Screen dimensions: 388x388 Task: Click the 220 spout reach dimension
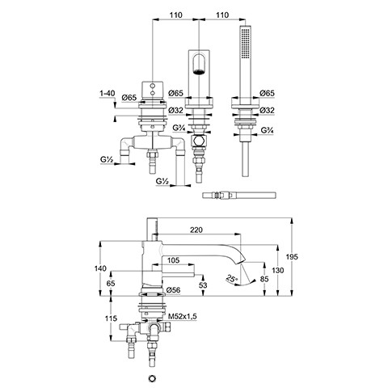196,230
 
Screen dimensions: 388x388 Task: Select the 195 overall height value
292,257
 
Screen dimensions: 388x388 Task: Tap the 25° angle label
231,278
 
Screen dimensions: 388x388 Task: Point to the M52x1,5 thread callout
183,316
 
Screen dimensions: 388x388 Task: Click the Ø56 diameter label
173,290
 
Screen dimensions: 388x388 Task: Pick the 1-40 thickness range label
108,94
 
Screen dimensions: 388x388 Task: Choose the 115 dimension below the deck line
111,318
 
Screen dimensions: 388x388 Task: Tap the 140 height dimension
100,268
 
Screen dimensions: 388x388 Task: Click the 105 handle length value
173,260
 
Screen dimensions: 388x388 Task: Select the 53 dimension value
203,285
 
